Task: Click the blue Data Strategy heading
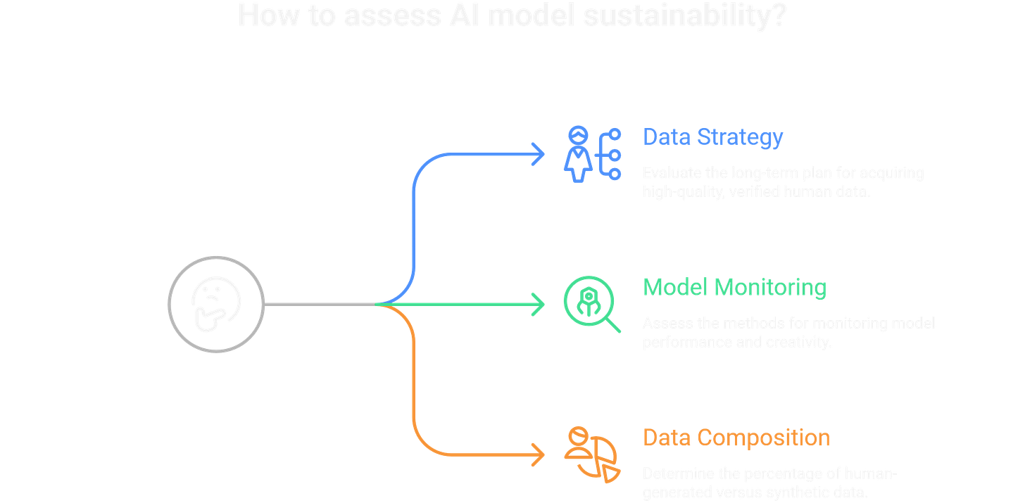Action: coord(712,137)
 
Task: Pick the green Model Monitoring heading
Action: coord(735,288)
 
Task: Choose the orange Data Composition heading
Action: coord(736,438)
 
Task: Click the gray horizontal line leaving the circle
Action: coord(321,304)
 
